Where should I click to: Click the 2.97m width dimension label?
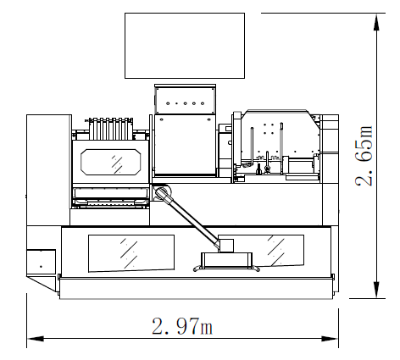pos(182,326)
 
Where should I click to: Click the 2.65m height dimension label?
pos(364,155)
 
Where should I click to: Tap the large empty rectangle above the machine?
pos(185,46)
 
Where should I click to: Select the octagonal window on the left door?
pos(111,162)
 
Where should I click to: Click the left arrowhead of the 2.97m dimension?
pos(36,339)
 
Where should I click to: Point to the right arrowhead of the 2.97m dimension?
pos(330,339)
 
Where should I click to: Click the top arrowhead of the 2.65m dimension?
pos(376,22)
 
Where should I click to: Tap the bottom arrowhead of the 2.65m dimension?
pos(376,290)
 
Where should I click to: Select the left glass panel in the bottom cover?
pos(131,253)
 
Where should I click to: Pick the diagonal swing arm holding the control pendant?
pos(188,218)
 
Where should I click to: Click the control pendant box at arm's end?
pos(226,260)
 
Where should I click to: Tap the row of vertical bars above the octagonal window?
pos(111,129)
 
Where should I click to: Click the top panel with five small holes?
pos(185,99)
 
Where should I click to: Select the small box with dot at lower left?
pos(41,262)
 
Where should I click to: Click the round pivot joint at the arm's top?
pos(162,191)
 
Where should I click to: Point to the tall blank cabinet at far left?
pos(48,170)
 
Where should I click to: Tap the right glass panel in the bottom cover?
pos(286,251)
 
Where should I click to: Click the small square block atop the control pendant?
pos(226,246)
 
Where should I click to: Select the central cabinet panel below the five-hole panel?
pos(186,145)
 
